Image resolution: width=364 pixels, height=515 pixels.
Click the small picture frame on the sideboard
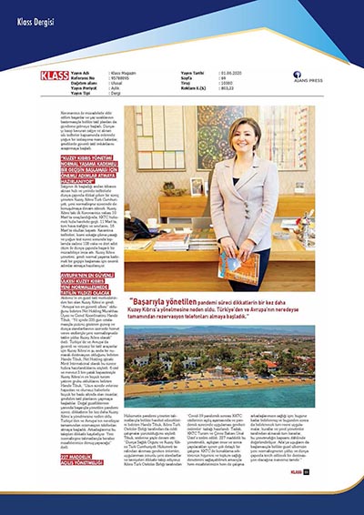click(197, 186)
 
